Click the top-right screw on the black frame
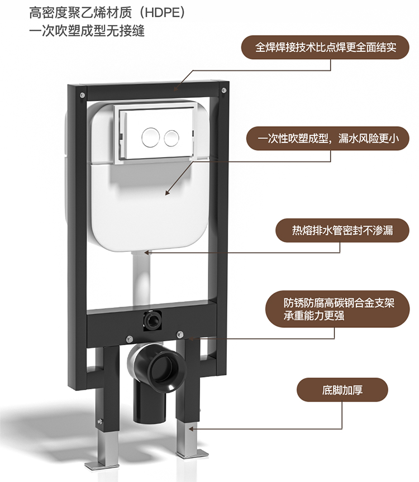pos(224,91)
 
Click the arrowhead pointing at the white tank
pos(168,193)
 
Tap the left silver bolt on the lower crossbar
pos(128,339)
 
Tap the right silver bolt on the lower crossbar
pos(179,334)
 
